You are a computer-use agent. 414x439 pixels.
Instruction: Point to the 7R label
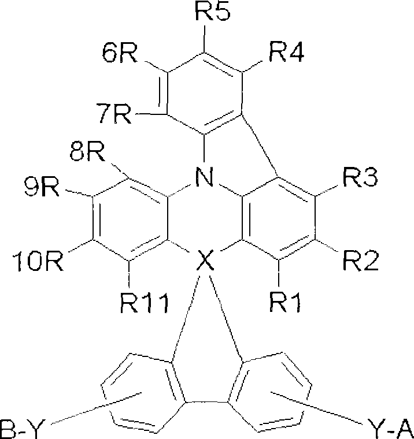pos(114,113)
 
